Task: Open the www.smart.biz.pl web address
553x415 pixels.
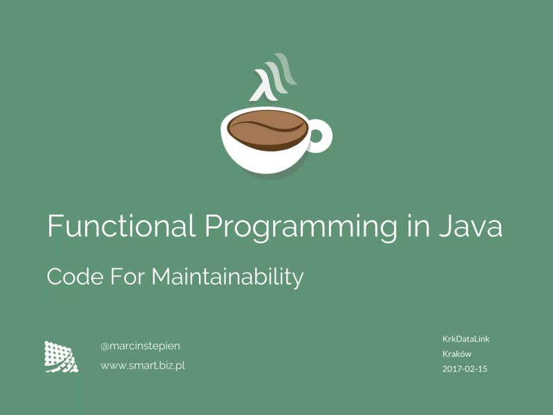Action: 142,365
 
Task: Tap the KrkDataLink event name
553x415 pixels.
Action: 466,338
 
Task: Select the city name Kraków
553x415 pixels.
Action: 457,353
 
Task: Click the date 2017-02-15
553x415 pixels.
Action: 465,369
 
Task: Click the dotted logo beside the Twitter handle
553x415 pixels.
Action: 61,356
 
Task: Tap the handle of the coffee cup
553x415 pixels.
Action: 320,136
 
